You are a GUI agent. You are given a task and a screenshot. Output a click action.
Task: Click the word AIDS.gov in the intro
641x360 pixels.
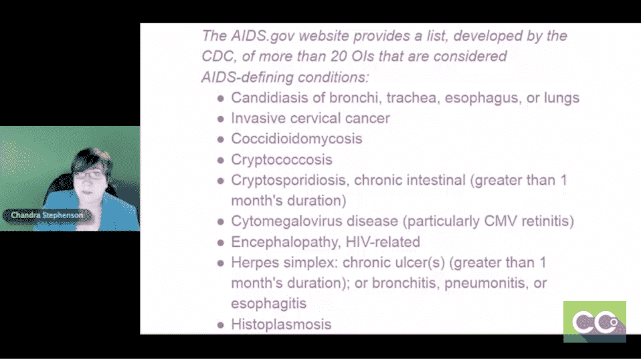262,36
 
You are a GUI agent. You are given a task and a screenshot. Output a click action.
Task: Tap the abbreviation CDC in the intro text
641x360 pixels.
217,56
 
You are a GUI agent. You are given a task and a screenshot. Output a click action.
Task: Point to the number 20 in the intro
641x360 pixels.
339,56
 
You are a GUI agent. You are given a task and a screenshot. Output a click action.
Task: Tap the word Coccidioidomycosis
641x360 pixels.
296,139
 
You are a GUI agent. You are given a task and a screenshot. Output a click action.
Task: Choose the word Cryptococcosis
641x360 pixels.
282,160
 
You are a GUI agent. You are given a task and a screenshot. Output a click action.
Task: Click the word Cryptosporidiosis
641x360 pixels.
290,180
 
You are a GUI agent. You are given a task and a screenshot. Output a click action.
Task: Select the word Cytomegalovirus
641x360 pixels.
286,221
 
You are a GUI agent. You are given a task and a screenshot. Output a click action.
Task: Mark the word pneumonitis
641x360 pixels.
484,283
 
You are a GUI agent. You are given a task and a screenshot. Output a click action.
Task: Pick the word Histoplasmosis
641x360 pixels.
281,325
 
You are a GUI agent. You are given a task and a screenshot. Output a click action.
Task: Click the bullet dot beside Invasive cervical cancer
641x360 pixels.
221,119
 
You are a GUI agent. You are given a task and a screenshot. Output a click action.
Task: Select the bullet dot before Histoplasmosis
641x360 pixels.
221,325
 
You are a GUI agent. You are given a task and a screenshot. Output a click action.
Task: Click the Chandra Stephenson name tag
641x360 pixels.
47,215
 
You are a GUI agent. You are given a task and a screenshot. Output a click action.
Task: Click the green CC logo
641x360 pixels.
594,322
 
